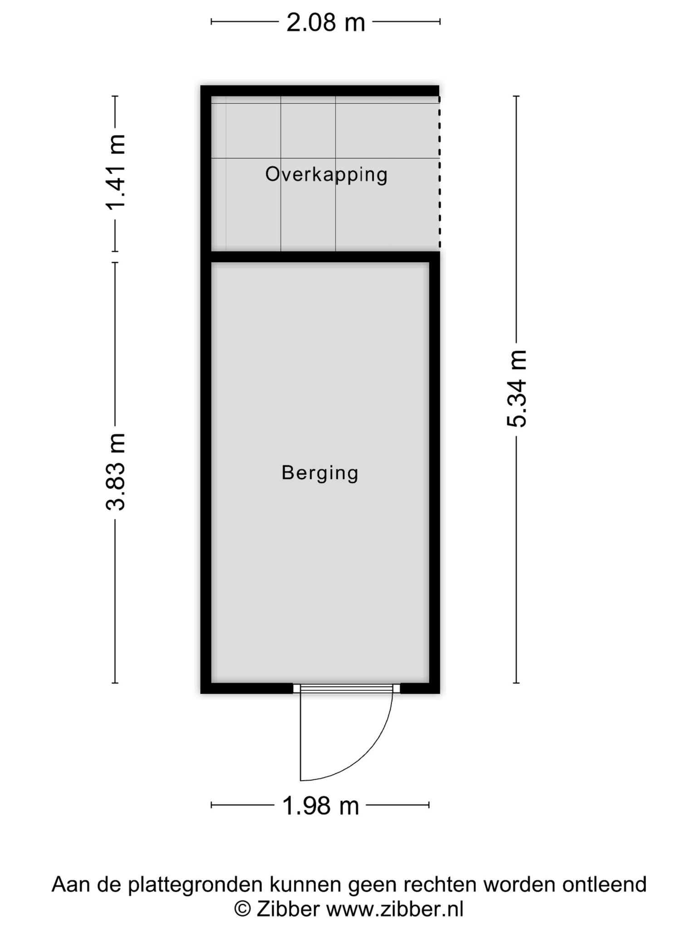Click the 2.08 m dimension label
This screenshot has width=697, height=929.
(x=325, y=22)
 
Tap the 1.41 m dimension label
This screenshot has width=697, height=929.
(x=115, y=173)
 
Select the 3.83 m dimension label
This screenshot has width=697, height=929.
(x=115, y=472)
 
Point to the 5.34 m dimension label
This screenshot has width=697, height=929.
(x=516, y=389)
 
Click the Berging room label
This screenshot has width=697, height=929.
(x=320, y=473)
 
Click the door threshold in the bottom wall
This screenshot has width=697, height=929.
(x=346, y=689)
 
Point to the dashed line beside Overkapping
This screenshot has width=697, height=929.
(x=439, y=172)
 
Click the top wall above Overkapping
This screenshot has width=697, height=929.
(x=320, y=91)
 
